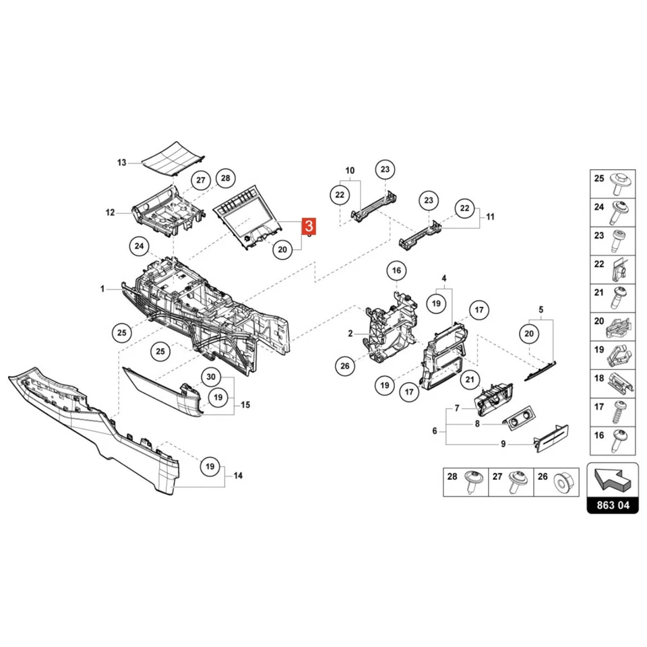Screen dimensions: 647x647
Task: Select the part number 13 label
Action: tap(121, 162)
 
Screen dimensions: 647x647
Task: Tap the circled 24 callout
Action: tap(140, 247)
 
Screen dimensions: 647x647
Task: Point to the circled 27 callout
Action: tap(200, 180)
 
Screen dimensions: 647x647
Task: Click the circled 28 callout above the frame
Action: tap(225, 179)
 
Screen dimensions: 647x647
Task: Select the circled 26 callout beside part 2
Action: tap(345, 366)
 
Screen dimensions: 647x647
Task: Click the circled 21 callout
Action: tap(468, 380)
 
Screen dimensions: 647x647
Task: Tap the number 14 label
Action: tap(237, 476)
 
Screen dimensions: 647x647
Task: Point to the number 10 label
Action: tap(350, 171)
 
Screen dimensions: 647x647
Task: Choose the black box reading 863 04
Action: tap(612, 505)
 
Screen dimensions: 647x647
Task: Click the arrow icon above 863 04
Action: tap(612, 479)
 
